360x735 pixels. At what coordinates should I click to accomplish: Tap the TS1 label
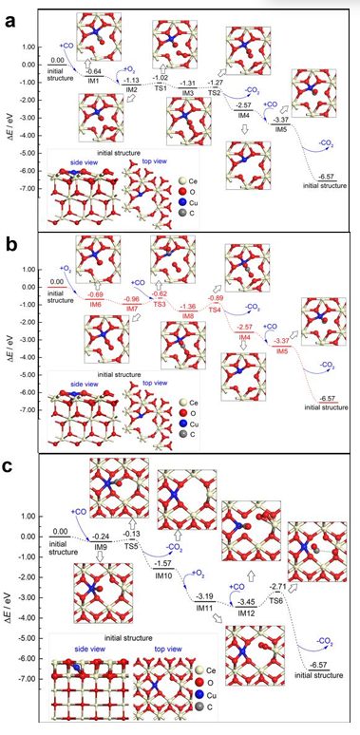(161, 87)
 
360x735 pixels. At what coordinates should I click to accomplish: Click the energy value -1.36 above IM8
(188, 307)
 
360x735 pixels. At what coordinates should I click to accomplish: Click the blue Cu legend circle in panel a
(220, 203)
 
